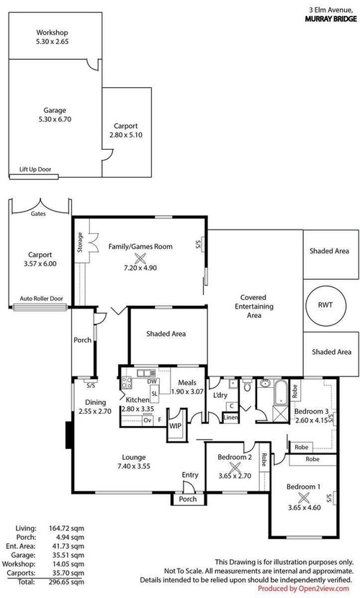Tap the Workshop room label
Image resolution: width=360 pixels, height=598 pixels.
click(x=53, y=33)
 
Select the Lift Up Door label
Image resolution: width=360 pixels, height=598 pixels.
click(x=35, y=169)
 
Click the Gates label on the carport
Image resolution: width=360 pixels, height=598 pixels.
click(x=38, y=214)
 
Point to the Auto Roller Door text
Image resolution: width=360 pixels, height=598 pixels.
click(x=41, y=299)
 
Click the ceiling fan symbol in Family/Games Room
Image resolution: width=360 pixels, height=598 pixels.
click(x=140, y=259)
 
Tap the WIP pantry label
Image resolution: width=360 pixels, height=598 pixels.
click(x=175, y=426)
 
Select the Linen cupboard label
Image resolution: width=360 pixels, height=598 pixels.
click(x=230, y=417)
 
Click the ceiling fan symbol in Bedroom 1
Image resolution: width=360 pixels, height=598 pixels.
click(x=304, y=498)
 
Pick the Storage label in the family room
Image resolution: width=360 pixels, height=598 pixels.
click(x=80, y=242)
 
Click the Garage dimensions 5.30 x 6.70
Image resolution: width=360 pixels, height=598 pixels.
click(x=55, y=119)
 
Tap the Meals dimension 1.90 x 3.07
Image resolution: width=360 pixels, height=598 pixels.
click(x=187, y=391)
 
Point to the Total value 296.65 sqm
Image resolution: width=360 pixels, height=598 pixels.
click(x=66, y=582)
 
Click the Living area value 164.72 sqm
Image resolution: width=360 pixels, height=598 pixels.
click(x=66, y=529)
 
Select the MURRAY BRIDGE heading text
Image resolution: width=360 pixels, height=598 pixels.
click(x=330, y=19)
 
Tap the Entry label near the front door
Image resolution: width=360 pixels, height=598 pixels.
click(x=190, y=475)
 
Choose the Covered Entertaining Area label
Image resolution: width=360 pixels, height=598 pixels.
click(x=254, y=307)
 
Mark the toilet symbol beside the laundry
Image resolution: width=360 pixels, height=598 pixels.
click(x=247, y=386)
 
